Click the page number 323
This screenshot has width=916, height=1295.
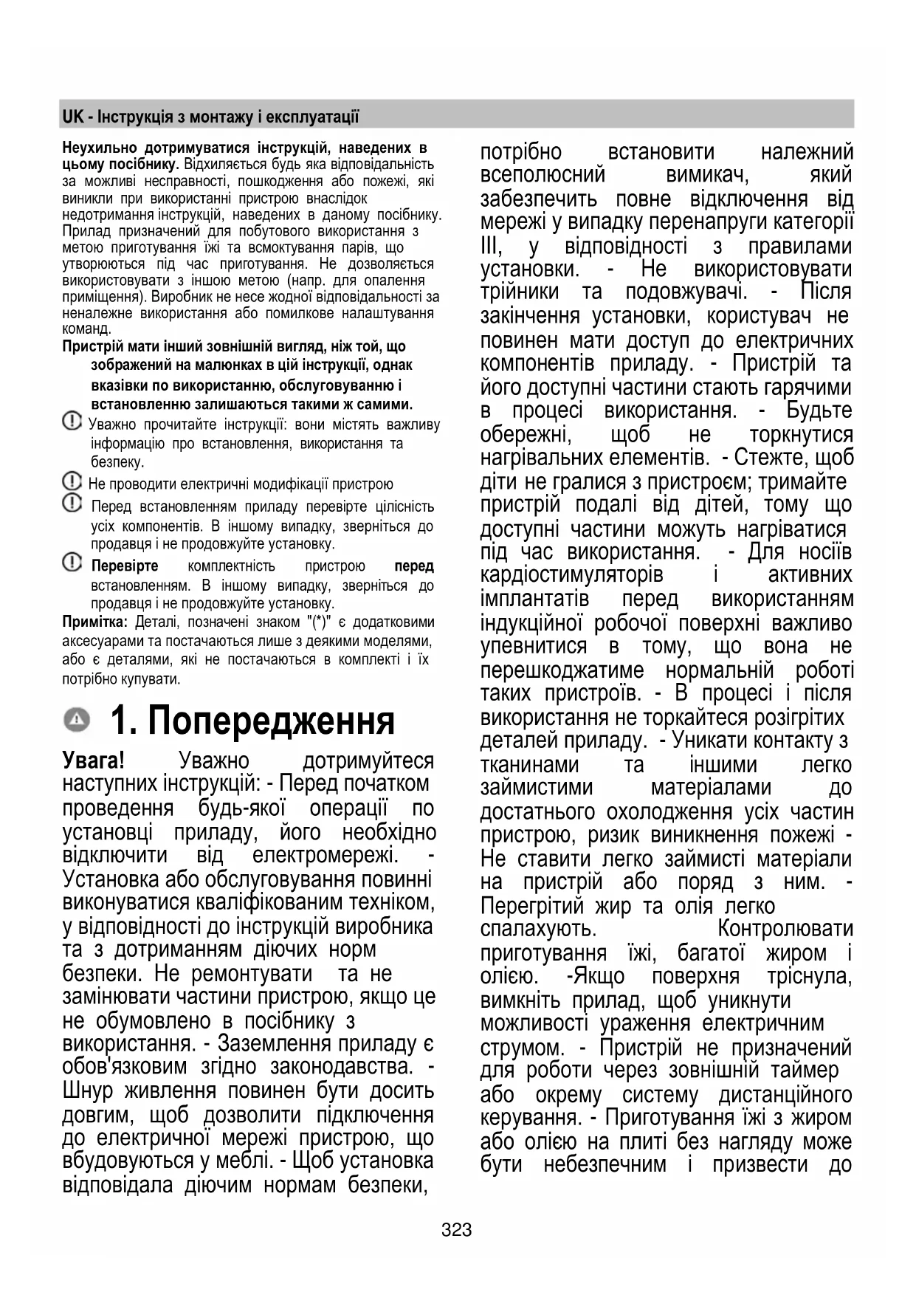point(457,1230)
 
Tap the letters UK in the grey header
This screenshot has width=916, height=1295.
point(73,117)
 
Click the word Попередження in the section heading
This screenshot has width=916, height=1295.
point(271,721)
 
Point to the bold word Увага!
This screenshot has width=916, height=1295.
point(93,760)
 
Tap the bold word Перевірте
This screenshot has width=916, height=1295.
point(125,566)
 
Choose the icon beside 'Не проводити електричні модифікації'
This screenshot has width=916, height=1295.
point(72,482)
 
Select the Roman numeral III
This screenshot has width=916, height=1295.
point(492,246)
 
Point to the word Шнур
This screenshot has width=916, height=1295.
point(88,1090)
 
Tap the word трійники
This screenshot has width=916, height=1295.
point(520,292)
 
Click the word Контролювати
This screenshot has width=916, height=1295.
point(785,929)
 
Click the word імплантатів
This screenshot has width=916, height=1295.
point(534,599)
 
